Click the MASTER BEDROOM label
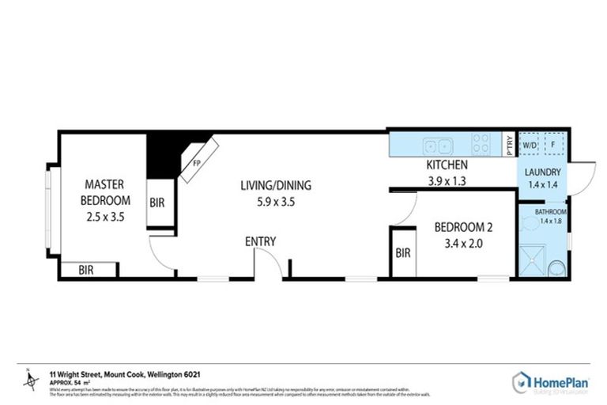pos(107,192)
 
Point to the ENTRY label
pos(260,241)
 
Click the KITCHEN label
pos(447,165)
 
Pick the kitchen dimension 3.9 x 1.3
pos(447,180)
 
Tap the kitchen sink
pos(435,146)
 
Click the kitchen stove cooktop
pos(481,145)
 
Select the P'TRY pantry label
pos(510,146)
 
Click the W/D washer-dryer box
pos(530,146)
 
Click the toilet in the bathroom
pos(558,267)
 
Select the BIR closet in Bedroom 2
pos(402,253)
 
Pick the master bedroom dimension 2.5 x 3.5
pos(107,214)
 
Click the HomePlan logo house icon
pos(522,382)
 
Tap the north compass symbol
pos(32,380)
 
